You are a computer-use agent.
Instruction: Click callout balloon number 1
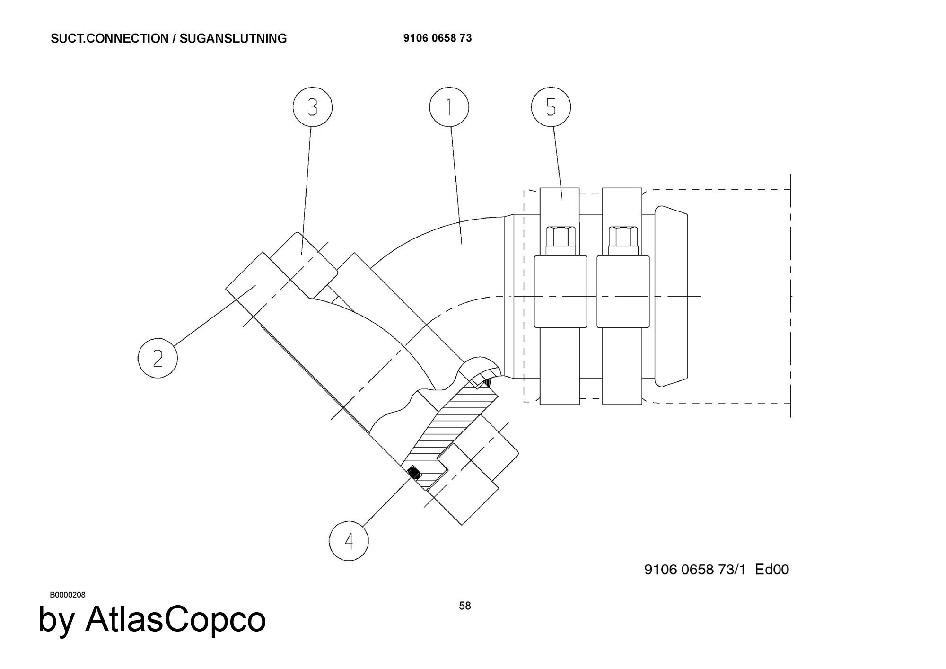pos(449,107)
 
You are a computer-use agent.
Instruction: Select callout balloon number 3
pos(312,107)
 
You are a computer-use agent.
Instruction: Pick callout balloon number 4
pos(349,541)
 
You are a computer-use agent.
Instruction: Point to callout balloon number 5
pos(551,107)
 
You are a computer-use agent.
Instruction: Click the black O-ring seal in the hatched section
pos(414,473)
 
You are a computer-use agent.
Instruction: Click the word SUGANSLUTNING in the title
pos(233,38)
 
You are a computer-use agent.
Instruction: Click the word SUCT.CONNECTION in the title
pos(109,38)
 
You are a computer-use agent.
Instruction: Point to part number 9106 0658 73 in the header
pos(438,38)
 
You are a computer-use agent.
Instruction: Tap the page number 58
pos(465,606)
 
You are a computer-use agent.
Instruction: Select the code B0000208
pos(68,595)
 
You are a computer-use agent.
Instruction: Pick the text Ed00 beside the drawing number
pos(772,569)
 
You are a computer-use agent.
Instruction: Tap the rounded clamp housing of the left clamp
pos(561,291)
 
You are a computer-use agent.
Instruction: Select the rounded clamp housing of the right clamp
pos(623,291)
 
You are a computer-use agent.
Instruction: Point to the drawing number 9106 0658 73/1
pos(695,569)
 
